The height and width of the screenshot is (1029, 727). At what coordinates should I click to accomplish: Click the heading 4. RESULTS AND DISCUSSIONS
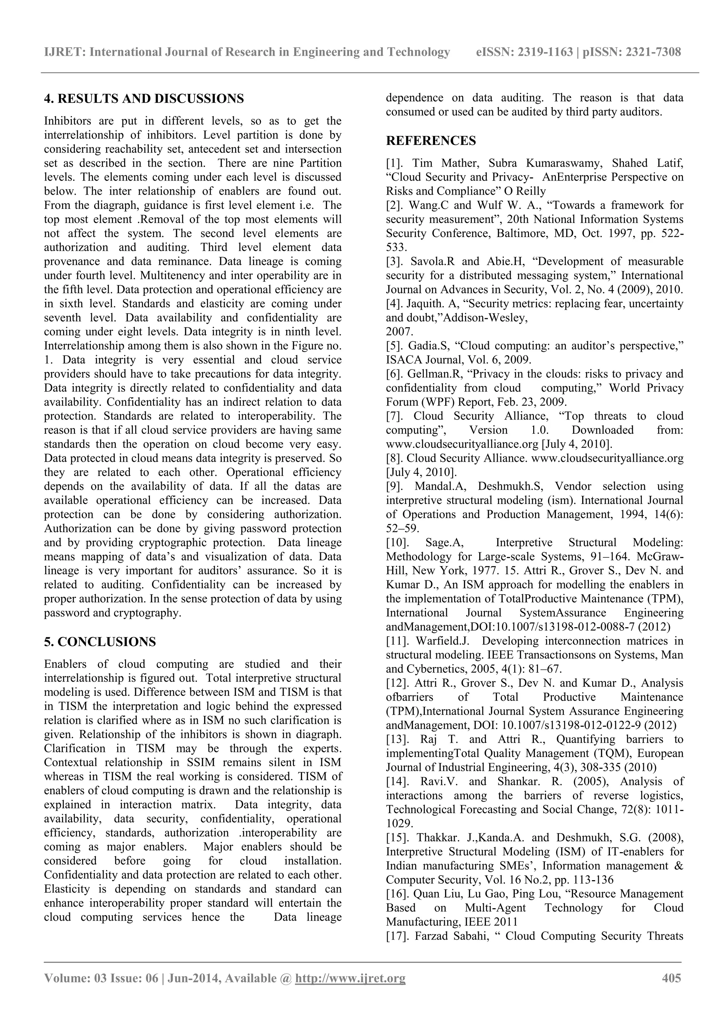pyautogui.click(x=144, y=99)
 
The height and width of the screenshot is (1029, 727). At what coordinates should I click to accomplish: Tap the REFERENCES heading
pyautogui.click(x=431, y=141)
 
